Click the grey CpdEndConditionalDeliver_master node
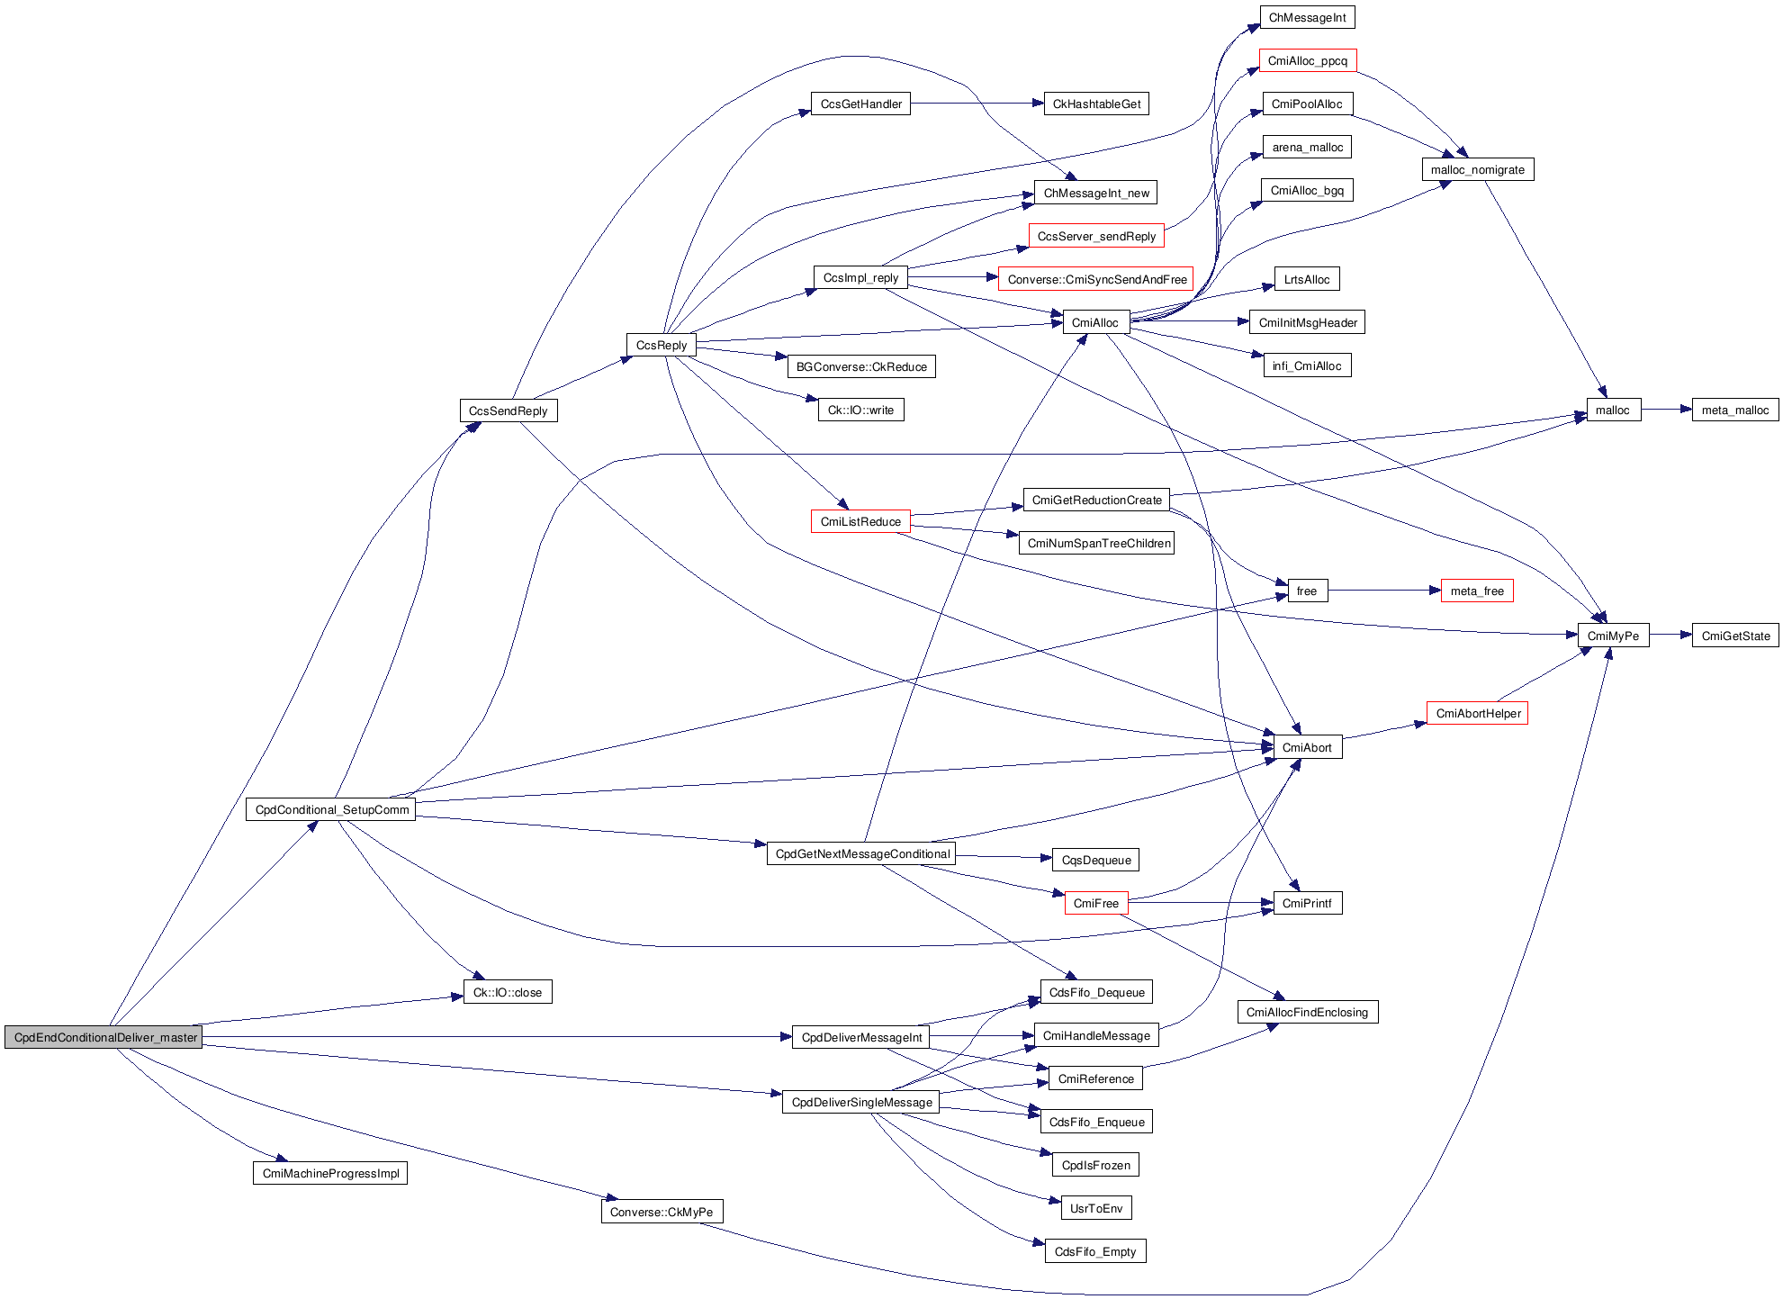point(104,1037)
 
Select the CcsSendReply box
point(508,410)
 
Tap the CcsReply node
point(661,345)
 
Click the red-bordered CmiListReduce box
point(860,521)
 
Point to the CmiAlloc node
point(1094,322)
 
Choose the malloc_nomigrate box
point(1477,169)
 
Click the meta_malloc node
point(1734,410)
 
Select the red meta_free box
point(1476,591)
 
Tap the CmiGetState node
point(1734,636)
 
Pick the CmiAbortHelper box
point(1477,713)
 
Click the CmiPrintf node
point(1307,903)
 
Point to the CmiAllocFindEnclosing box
point(1307,1012)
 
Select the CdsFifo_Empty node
point(1094,1251)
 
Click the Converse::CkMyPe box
point(661,1212)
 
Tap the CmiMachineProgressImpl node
point(330,1173)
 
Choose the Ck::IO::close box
point(508,992)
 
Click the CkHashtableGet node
point(1095,104)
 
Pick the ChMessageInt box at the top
point(1307,17)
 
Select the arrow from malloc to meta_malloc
point(1666,410)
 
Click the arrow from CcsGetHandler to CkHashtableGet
point(976,104)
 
